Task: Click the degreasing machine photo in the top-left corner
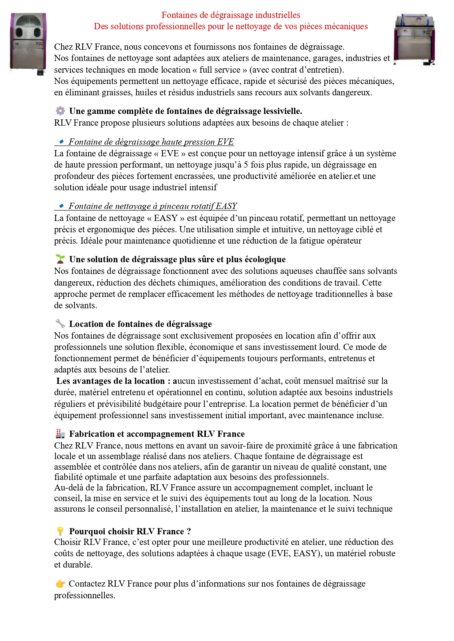pyautogui.click(x=28, y=44)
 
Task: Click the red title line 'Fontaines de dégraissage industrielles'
pyautogui.click(x=231, y=15)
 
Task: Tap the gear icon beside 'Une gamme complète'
pyautogui.click(x=60, y=111)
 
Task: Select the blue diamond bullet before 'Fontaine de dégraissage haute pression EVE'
pyautogui.click(x=61, y=141)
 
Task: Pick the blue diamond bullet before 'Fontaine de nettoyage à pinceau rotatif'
pyautogui.click(x=61, y=206)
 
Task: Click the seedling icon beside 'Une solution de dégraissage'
pyautogui.click(x=60, y=259)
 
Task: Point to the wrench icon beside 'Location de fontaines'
pyautogui.click(x=60, y=324)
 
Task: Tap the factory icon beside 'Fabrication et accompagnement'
pyautogui.click(x=60, y=434)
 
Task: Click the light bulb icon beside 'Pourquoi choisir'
pyautogui.click(x=60, y=531)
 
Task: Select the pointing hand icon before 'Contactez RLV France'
pyautogui.click(x=60, y=584)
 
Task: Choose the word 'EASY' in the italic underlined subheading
pyautogui.click(x=226, y=206)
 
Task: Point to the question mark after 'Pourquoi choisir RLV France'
pyautogui.click(x=189, y=531)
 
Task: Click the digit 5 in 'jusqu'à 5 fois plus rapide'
pyautogui.click(x=246, y=165)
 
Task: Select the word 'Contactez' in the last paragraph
pyautogui.click(x=87, y=584)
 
